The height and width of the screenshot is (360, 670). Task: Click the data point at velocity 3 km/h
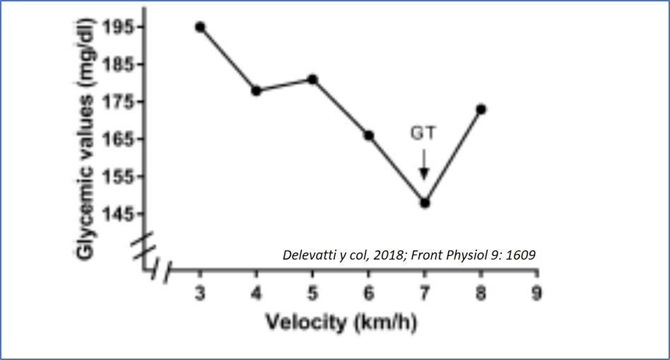200,27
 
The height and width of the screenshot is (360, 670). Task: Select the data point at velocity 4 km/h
256,91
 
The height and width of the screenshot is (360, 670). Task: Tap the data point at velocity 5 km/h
312,79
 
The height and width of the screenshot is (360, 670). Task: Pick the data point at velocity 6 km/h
368,135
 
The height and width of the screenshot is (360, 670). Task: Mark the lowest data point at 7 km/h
425,203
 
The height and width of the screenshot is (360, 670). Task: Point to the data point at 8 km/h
481,109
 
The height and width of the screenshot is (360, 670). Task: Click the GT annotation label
424,132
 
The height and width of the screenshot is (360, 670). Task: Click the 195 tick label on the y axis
118,27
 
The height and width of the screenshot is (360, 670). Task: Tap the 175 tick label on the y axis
118,101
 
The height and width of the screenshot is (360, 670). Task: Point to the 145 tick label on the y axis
118,214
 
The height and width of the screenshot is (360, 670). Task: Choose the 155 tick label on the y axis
118,176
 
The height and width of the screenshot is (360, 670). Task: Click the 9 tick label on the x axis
537,293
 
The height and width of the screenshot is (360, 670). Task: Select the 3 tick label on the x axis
200,293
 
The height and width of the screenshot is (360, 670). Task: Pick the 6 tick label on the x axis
368,293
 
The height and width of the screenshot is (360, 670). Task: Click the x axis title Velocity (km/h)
341,323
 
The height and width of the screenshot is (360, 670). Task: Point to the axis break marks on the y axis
144,245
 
